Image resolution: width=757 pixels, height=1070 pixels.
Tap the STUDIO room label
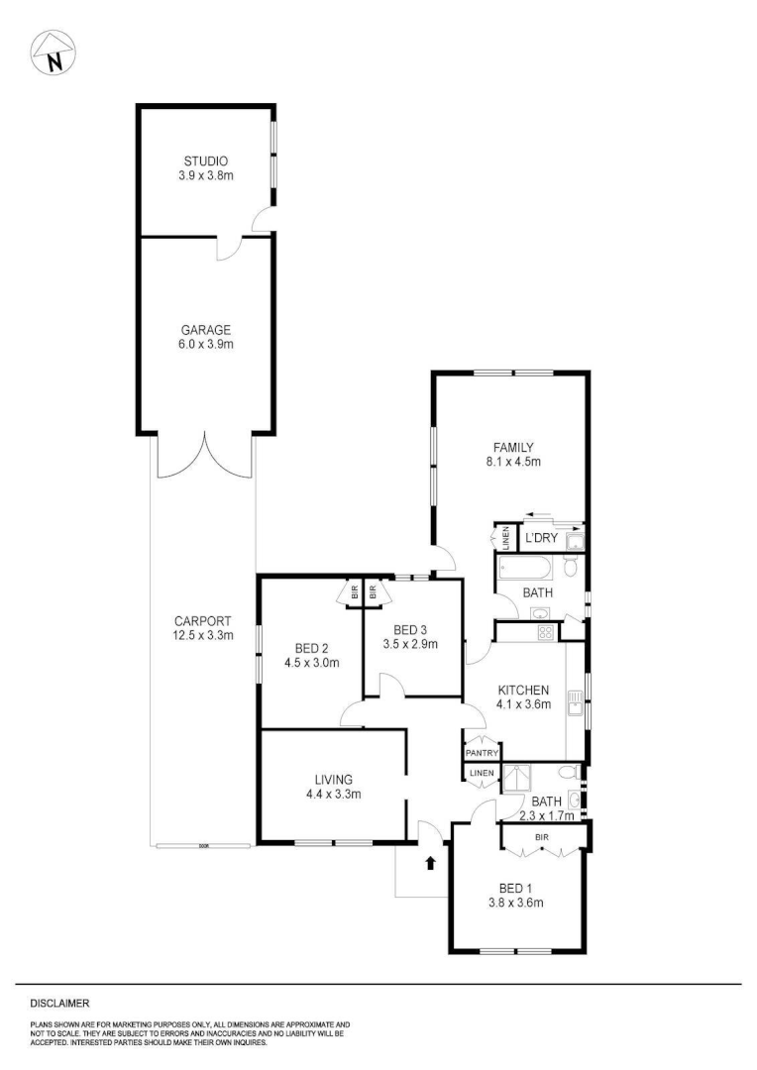coord(205,160)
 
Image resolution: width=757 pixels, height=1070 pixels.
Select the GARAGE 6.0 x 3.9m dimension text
coord(205,344)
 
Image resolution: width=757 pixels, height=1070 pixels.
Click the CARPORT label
coord(206,621)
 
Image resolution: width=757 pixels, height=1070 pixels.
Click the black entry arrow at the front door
coord(430,863)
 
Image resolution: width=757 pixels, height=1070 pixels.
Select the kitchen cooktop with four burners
coord(544,632)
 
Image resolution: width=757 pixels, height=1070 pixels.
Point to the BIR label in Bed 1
coord(542,837)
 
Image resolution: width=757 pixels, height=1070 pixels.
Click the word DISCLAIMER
coord(59,1003)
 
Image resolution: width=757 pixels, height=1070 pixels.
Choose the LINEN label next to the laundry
coord(504,538)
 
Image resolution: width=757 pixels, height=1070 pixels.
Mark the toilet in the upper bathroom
coord(571,567)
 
